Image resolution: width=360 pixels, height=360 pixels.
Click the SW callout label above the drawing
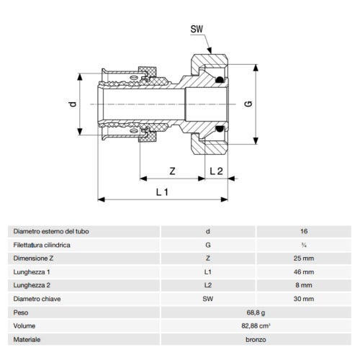[x=196, y=30]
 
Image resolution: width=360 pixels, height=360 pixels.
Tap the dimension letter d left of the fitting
[x=72, y=104]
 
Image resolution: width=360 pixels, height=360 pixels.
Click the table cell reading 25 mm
[x=303, y=258]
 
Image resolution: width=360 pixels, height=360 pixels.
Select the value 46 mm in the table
[x=303, y=272]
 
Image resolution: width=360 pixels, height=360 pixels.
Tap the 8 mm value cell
[x=303, y=286]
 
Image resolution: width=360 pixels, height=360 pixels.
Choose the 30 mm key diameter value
[x=303, y=299]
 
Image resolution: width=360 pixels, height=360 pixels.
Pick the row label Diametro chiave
[x=37, y=299]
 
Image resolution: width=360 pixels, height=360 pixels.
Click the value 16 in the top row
[x=303, y=232]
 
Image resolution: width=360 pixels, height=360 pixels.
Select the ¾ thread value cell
[x=303, y=246]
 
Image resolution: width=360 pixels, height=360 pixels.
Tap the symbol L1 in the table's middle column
[x=208, y=272]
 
